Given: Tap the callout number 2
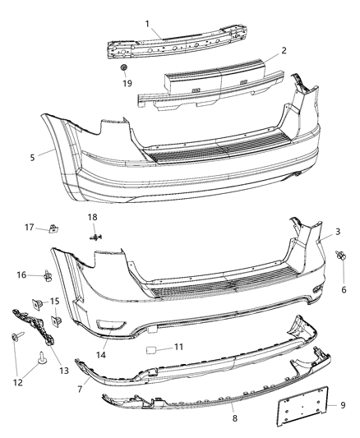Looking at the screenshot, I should pos(283,51).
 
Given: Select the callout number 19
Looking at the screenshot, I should pos(127,84).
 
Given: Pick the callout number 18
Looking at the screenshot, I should pos(93,216).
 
